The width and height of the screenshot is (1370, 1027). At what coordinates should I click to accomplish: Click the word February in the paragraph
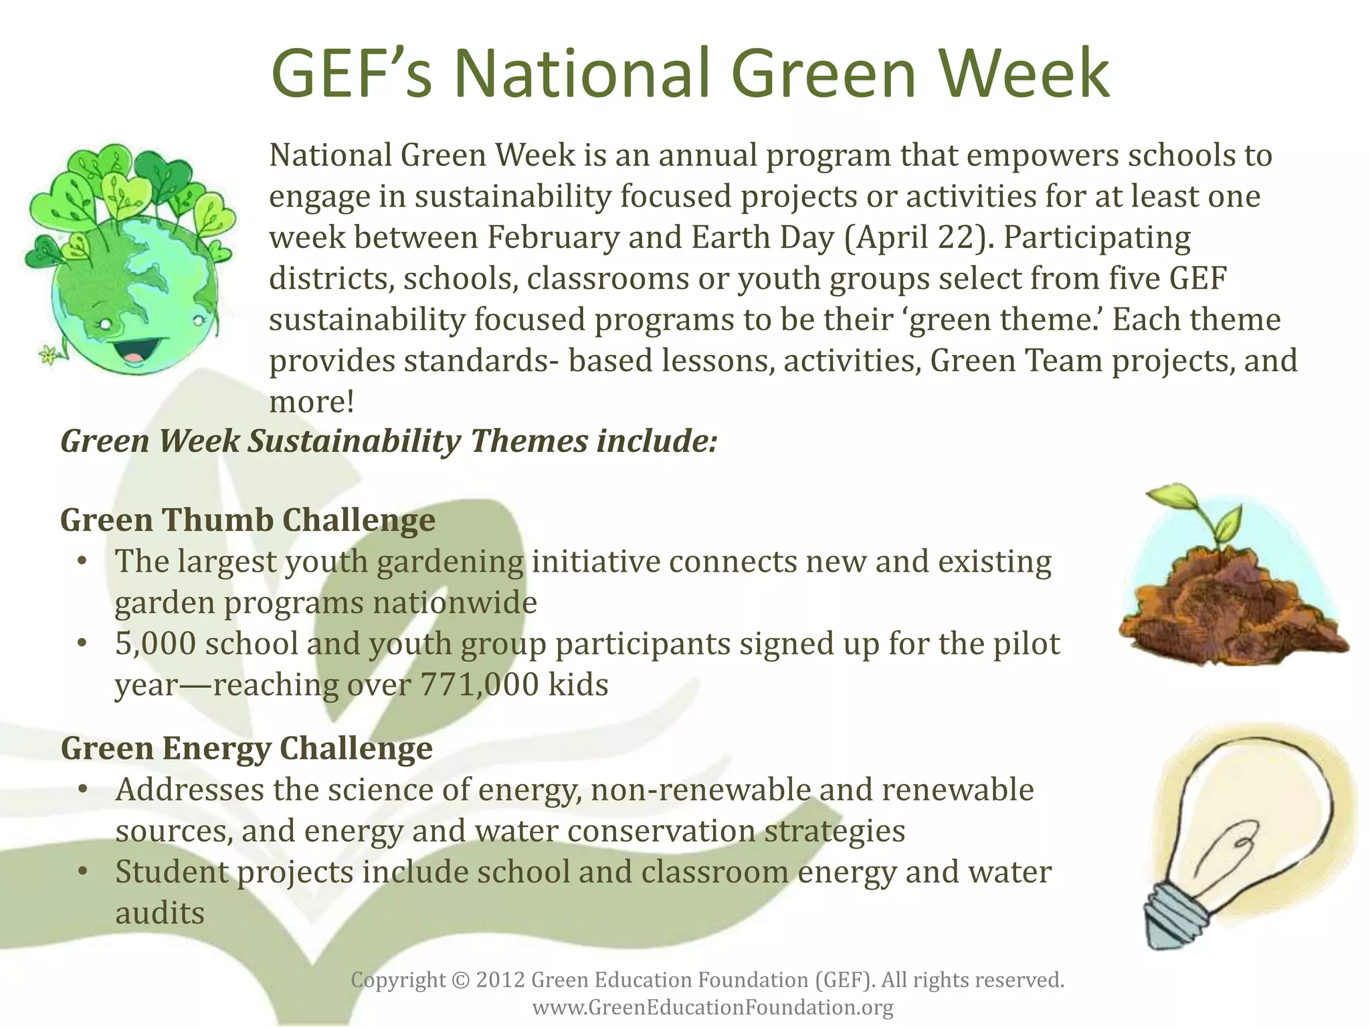pos(553,238)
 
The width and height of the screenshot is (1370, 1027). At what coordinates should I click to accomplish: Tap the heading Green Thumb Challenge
pos(248,520)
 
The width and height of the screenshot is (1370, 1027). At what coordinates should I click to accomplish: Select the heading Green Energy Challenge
pos(246,748)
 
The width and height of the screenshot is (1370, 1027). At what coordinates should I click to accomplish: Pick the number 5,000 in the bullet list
pos(155,644)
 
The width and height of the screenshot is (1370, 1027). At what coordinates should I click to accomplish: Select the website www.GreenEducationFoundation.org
pos(712,1007)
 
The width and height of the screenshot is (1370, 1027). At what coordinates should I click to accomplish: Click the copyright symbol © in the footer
pos(461,980)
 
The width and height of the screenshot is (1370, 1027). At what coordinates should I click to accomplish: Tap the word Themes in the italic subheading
pos(528,441)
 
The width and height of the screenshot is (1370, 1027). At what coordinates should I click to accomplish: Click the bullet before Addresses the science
pos(82,790)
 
